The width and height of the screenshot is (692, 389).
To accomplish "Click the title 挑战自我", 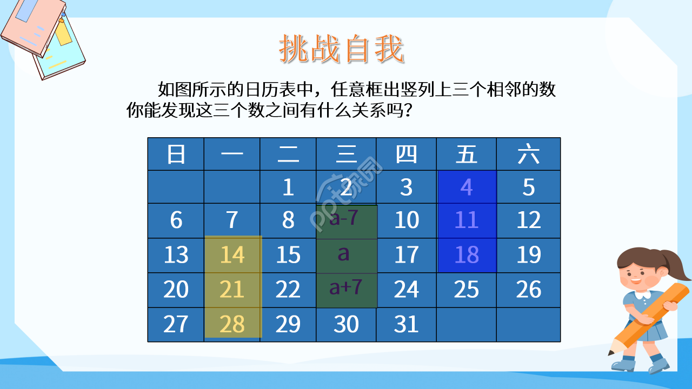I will tap(341, 50).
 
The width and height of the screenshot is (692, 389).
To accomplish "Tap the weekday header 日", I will tap(176, 155).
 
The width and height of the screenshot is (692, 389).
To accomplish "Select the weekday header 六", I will tap(528, 155).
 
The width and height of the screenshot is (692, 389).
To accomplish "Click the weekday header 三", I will tap(346, 155).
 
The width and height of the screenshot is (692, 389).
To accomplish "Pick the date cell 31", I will tap(406, 324).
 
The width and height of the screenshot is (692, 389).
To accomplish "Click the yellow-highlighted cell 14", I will tap(232, 255).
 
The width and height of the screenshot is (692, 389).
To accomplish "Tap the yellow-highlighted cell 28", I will tap(232, 324).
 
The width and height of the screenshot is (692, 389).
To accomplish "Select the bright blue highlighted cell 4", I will tap(466, 187).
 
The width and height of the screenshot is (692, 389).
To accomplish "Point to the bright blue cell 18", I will tap(466, 255).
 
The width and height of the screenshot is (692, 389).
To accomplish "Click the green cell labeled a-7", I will tap(346, 221).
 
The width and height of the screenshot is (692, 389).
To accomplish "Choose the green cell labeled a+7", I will tap(346, 289).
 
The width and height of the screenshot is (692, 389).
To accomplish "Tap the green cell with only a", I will tap(346, 255).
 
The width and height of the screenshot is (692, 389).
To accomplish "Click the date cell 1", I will tap(288, 187).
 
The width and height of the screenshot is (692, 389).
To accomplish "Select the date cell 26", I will tap(528, 290).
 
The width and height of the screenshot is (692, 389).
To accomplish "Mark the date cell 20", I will tap(176, 290).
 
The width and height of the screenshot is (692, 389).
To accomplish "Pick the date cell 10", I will tap(406, 220).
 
